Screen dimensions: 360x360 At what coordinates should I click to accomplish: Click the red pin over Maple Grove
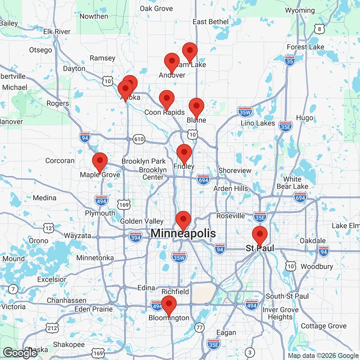click(99, 161)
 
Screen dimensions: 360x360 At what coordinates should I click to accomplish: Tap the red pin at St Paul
click(259, 235)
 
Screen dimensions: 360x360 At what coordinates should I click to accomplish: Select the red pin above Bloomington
click(169, 304)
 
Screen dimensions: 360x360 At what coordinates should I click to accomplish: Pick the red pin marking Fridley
click(184, 153)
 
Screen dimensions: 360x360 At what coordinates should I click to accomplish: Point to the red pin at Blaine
click(196, 107)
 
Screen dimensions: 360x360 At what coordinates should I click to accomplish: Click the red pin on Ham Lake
click(189, 51)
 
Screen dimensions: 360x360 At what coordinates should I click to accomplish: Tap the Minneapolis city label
click(183, 233)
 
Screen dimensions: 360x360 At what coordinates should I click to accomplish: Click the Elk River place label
click(57, 31)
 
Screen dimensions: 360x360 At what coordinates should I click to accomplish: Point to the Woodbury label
click(316, 266)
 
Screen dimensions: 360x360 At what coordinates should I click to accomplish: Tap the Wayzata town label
click(77, 235)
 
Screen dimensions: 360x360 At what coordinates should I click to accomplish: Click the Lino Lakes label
click(258, 123)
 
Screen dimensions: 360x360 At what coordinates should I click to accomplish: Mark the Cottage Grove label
click(324, 326)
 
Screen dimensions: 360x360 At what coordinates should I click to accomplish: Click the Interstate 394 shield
click(135, 237)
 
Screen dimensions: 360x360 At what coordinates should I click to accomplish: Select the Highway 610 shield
click(139, 139)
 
